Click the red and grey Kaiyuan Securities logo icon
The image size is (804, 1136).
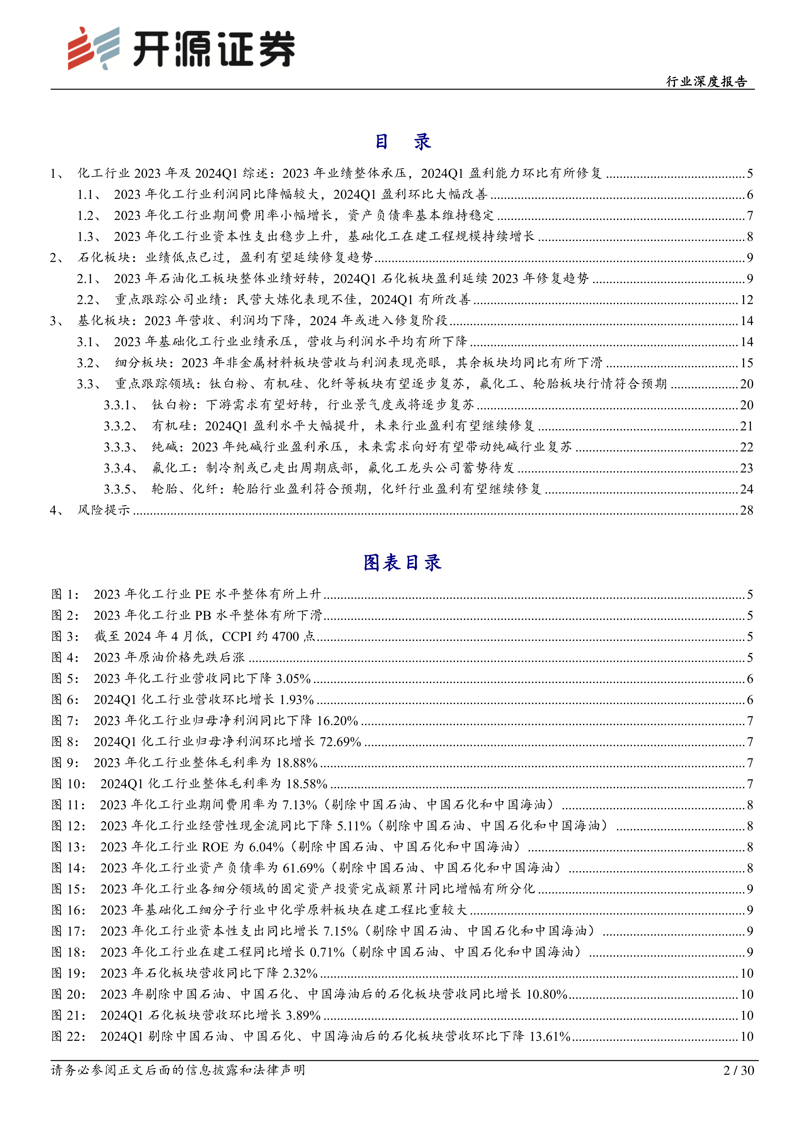[x=94, y=48]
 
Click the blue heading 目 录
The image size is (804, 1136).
[x=402, y=142]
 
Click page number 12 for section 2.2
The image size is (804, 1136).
[x=747, y=300]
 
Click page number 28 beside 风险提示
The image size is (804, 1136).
[x=747, y=510]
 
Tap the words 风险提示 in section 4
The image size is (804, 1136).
[x=104, y=510]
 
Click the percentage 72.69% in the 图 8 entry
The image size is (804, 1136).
[x=340, y=742]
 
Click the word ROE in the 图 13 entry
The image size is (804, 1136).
[x=215, y=847]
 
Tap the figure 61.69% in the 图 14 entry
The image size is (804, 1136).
[x=303, y=868]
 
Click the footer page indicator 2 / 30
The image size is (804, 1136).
[x=739, y=1071]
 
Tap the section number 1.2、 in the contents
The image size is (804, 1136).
[x=89, y=216]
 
